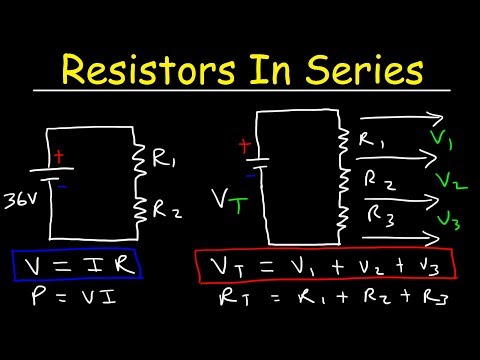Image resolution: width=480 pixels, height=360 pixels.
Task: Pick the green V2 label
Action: pos(450,183)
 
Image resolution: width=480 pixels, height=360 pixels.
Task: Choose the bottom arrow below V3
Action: pos(398,238)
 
